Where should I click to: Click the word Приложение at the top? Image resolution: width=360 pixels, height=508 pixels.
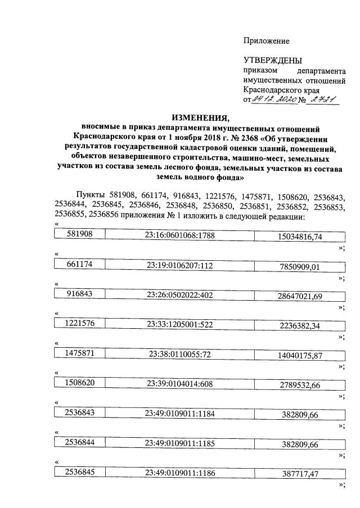266,40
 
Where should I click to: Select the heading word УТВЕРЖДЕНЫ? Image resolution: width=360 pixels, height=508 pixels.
272,61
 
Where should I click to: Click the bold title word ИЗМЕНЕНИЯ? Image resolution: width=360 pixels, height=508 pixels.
201,117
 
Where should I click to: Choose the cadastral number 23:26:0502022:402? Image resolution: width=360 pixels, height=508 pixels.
179,294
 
